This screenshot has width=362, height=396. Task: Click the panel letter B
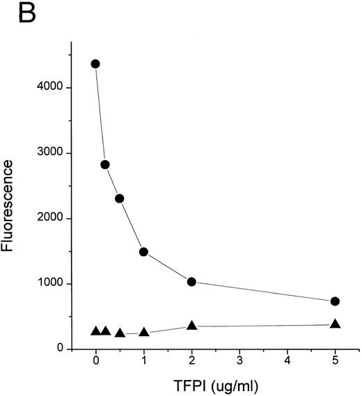coord(26,15)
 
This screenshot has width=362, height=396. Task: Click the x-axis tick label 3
coord(239,363)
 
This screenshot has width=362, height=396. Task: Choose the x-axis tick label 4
coord(288,363)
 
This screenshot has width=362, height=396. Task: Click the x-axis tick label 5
coord(335,363)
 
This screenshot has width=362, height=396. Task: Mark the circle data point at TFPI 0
coord(95,64)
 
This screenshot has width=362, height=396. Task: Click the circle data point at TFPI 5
coord(335,301)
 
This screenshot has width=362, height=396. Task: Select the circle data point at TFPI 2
coord(191,282)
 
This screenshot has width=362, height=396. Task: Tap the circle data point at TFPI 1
coord(143,252)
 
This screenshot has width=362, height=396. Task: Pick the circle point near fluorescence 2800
coord(105,165)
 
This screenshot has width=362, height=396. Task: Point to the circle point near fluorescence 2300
coord(120,198)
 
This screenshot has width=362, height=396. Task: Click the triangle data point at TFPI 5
coord(335,324)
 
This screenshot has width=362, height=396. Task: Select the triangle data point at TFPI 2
coord(191,325)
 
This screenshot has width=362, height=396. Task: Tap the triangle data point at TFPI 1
coord(143,332)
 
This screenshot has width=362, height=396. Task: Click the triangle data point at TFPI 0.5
coord(120,333)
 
